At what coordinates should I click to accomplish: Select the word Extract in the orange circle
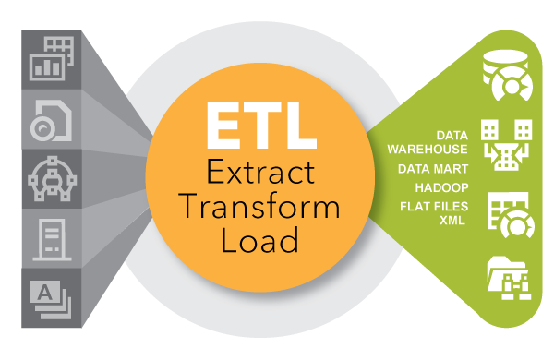[x=256, y=172]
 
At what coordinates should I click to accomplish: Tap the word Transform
[x=256, y=206]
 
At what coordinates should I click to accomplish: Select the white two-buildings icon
[x=504, y=144]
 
